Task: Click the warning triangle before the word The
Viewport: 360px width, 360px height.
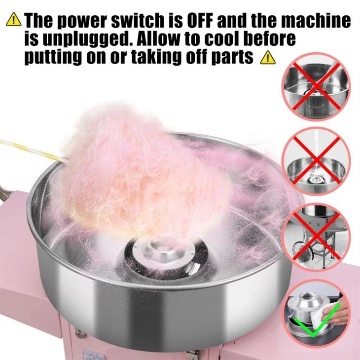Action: pos(14,19)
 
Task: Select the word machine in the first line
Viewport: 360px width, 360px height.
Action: pos(318,20)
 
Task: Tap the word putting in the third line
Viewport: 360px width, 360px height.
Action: pos(53,57)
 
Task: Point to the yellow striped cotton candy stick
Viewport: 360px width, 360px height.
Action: pos(32,150)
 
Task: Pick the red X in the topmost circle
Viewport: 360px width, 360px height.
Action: pos(317,86)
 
